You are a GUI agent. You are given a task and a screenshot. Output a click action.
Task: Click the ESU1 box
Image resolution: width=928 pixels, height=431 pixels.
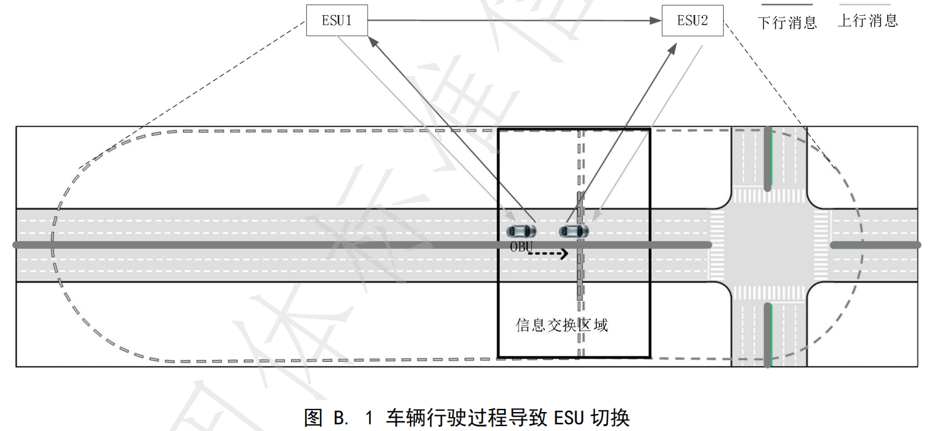(x=336, y=21)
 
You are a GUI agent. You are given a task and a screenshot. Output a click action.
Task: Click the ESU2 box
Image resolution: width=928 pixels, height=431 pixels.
(x=692, y=21)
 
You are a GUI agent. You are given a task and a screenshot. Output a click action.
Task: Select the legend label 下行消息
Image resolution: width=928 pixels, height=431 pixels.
(x=787, y=23)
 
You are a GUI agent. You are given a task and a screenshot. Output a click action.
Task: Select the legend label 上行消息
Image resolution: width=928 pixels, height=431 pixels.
(x=868, y=21)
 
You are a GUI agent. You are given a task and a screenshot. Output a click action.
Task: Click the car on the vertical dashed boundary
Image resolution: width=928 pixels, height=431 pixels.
(x=574, y=231)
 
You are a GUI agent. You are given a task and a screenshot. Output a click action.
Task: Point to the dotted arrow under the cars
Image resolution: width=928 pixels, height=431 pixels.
(x=548, y=254)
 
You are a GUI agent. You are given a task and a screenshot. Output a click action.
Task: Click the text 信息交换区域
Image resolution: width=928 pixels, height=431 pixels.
(x=561, y=325)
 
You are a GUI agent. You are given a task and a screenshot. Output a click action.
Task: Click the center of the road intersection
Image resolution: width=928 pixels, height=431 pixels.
(x=768, y=245)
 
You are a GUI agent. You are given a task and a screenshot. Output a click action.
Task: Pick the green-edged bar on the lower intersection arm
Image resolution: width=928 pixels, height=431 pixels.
(x=768, y=333)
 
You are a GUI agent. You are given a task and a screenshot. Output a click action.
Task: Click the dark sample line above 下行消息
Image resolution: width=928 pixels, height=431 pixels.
(x=787, y=6)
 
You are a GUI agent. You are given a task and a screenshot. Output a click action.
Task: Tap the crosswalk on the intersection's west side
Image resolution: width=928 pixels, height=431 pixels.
(x=717, y=245)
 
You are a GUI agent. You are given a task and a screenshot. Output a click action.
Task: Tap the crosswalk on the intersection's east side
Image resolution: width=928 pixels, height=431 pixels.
(x=821, y=245)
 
